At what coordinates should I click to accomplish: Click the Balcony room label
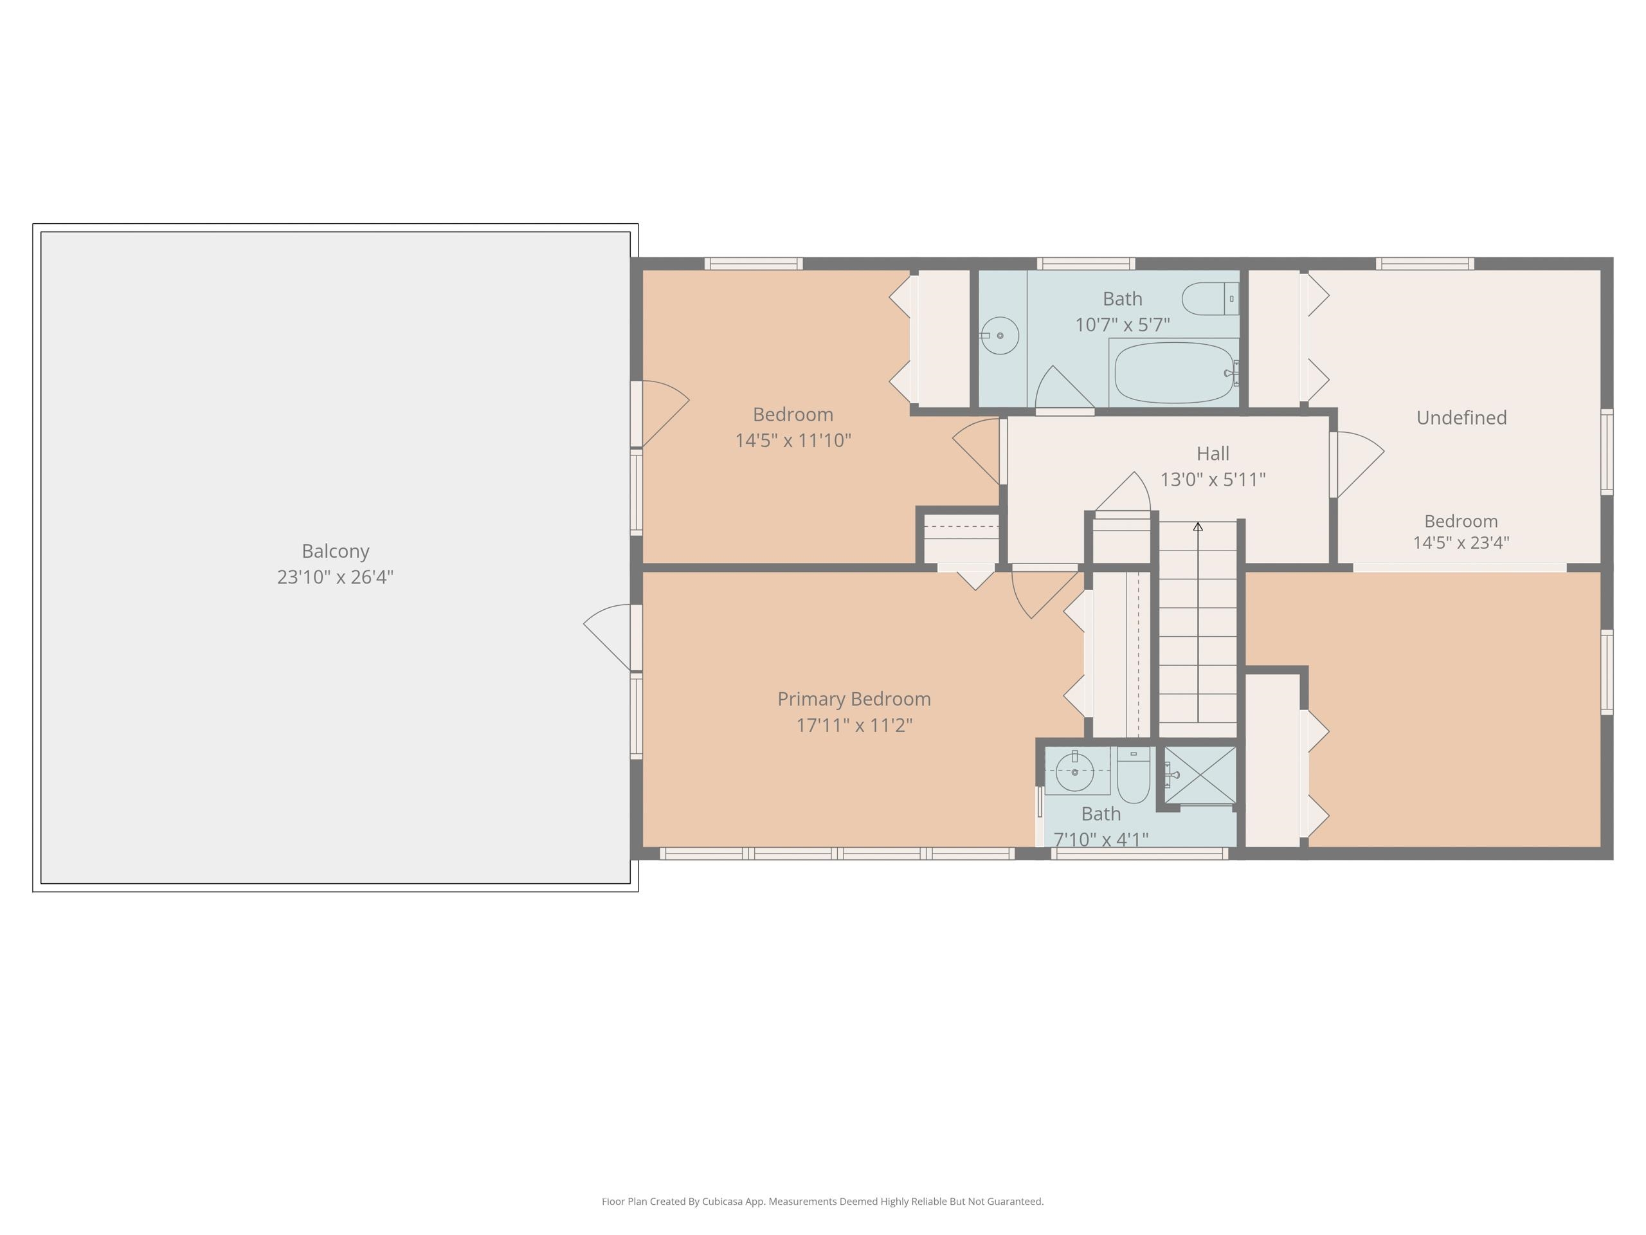point(335,552)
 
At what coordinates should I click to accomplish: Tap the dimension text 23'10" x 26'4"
point(335,577)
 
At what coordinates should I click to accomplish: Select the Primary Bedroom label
point(855,699)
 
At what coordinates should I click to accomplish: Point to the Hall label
point(1213,453)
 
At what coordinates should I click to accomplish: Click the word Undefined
point(1461,417)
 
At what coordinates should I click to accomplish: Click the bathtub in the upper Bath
point(1174,372)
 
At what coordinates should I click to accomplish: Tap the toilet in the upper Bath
point(1210,298)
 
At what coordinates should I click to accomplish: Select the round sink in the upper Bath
point(999,336)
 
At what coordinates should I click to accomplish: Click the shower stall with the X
point(1200,775)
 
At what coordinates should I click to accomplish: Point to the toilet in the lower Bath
point(1134,775)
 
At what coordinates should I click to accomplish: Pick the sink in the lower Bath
point(1075,771)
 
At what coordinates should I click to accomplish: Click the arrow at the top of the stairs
point(1198,526)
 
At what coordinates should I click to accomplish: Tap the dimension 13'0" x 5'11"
point(1213,479)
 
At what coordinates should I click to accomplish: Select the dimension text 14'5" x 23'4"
point(1461,543)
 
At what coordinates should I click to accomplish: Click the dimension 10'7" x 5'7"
point(1122,325)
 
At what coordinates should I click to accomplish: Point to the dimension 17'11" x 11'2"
point(855,725)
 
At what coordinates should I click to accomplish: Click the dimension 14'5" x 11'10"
point(793,441)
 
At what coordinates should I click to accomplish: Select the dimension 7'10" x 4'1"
point(1101,839)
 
